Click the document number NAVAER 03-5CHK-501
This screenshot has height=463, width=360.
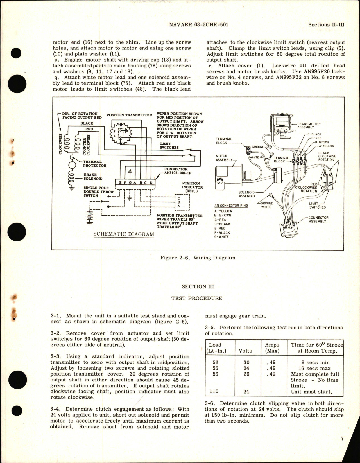[x=199, y=24]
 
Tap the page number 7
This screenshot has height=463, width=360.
[x=342, y=438]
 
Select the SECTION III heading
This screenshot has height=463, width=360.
[x=198, y=287]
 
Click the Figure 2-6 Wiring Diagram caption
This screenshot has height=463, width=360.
[x=198, y=258]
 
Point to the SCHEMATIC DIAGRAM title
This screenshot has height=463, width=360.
[x=124, y=234]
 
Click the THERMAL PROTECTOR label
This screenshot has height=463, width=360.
[x=94, y=164]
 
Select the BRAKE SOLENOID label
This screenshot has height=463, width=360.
[x=93, y=177]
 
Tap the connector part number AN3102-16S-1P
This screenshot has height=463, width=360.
[x=180, y=173]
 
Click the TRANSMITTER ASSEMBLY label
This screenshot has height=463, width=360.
[x=309, y=125]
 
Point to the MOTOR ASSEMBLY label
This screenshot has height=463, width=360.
[x=224, y=158]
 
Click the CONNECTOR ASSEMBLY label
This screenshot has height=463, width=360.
[x=318, y=219]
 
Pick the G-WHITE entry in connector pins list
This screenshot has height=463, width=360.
[x=221, y=237]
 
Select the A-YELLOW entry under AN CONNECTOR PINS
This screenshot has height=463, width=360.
[x=223, y=211]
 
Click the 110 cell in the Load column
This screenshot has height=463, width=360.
[x=215, y=391]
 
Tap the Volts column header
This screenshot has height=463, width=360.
[x=245, y=351]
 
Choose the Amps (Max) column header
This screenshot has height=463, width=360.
[x=272, y=348]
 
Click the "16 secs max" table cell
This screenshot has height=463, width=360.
[x=314, y=368]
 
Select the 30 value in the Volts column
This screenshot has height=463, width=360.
[x=246, y=362]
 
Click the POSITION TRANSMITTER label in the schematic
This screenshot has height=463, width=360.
[x=129, y=115]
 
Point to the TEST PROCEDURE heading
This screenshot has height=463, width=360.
[x=197, y=298]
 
